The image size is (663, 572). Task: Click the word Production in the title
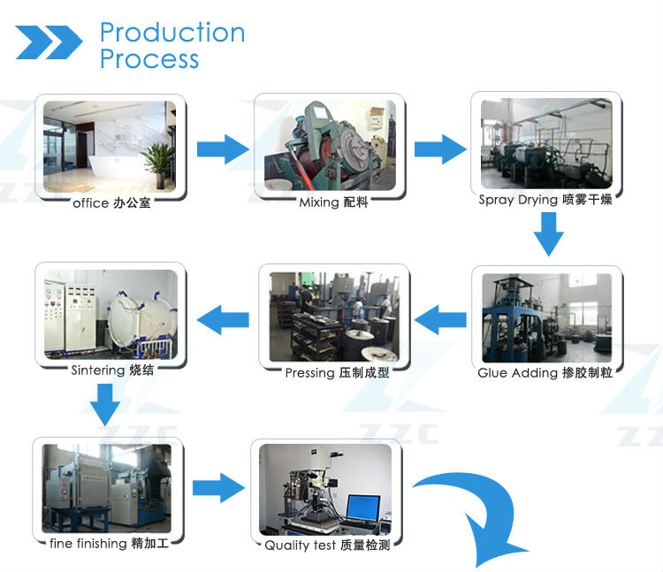tap(172, 32)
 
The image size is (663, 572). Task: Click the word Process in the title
tap(149, 58)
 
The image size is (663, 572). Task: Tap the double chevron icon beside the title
tap(49, 42)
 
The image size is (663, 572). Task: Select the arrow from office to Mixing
tap(223, 149)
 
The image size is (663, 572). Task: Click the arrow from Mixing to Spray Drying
tap(440, 149)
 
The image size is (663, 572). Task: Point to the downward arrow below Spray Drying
tap(548, 234)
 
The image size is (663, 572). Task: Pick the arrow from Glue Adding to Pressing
tap(440, 320)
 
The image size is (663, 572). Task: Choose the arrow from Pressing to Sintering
tap(223, 320)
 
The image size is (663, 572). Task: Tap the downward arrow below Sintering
tap(105, 405)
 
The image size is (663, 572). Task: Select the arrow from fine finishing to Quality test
tap(218, 488)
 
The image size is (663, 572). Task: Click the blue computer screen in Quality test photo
tap(363, 507)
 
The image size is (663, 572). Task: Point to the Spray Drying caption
tap(545, 200)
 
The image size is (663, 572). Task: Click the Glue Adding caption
tap(545, 372)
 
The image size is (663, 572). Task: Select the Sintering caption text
tap(112, 370)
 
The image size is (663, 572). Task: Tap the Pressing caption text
tap(337, 372)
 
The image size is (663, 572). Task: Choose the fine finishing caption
tap(109, 543)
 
